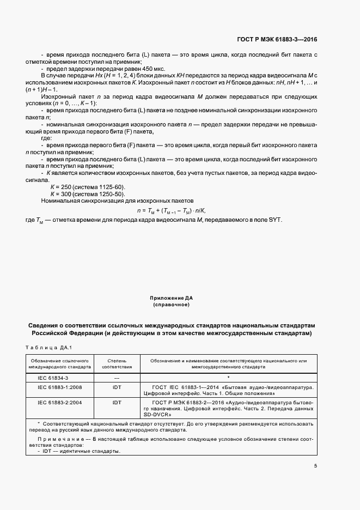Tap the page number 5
point(316,466)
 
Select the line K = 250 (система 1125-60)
point(87,186)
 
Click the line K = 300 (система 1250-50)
point(87,193)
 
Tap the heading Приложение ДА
point(172,299)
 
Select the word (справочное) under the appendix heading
point(172,305)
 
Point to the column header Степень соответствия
point(117,363)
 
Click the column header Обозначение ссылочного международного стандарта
point(60,363)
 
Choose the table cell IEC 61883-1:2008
point(60,388)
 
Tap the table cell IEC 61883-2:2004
point(60,402)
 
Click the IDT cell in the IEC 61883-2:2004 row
point(117,402)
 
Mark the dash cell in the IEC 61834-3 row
point(117,377)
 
